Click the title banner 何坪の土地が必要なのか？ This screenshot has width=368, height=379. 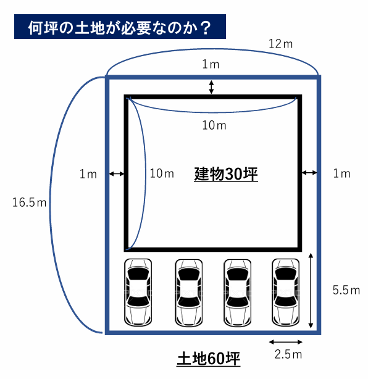coord(120,27)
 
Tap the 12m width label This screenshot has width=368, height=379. coord(280,44)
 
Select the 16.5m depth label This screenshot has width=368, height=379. coord(29,202)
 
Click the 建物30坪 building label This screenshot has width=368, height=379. coord(226,174)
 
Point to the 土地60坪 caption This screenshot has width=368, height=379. coord(209,359)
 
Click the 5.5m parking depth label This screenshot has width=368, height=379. coord(346,290)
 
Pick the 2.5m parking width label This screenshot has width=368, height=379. coord(288,354)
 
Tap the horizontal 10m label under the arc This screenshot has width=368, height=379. coord(214,125)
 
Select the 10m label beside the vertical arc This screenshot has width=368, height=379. coord(162,173)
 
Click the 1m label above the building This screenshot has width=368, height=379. coord(211,64)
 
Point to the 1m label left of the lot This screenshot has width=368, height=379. coord(88,174)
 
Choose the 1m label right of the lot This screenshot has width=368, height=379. coord(341,173)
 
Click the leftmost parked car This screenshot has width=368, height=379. coord(138,293)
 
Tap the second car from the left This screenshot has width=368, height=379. coord(188,293)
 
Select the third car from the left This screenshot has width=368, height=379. coord(238,293)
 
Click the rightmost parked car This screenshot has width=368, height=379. coord(285,293)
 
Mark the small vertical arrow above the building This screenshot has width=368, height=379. coord(211,87)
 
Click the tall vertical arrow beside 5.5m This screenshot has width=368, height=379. coord(311,291)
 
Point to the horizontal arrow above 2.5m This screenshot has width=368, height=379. coord(285,342)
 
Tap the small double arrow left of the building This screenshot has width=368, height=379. coord(117,173)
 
